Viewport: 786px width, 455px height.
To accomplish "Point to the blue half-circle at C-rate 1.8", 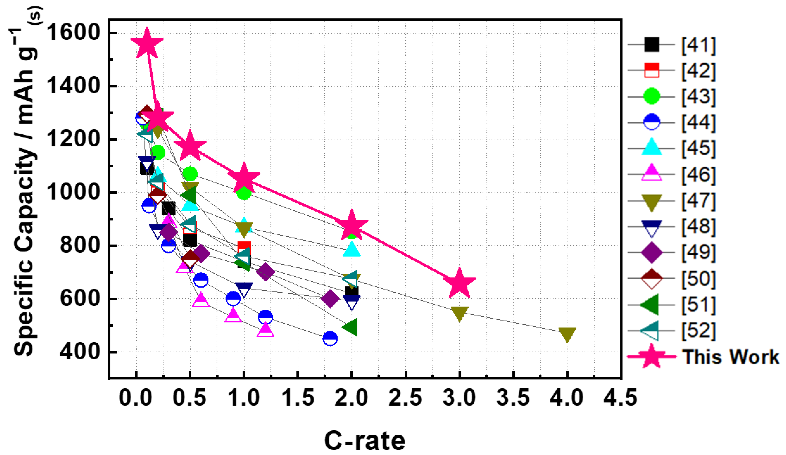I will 330,338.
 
